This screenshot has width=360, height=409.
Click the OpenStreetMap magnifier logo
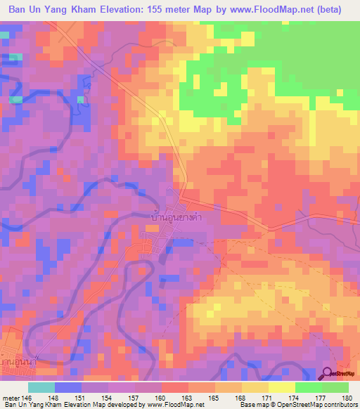click(x=328, y=375)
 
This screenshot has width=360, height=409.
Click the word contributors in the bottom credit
click(x=335, y=405)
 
